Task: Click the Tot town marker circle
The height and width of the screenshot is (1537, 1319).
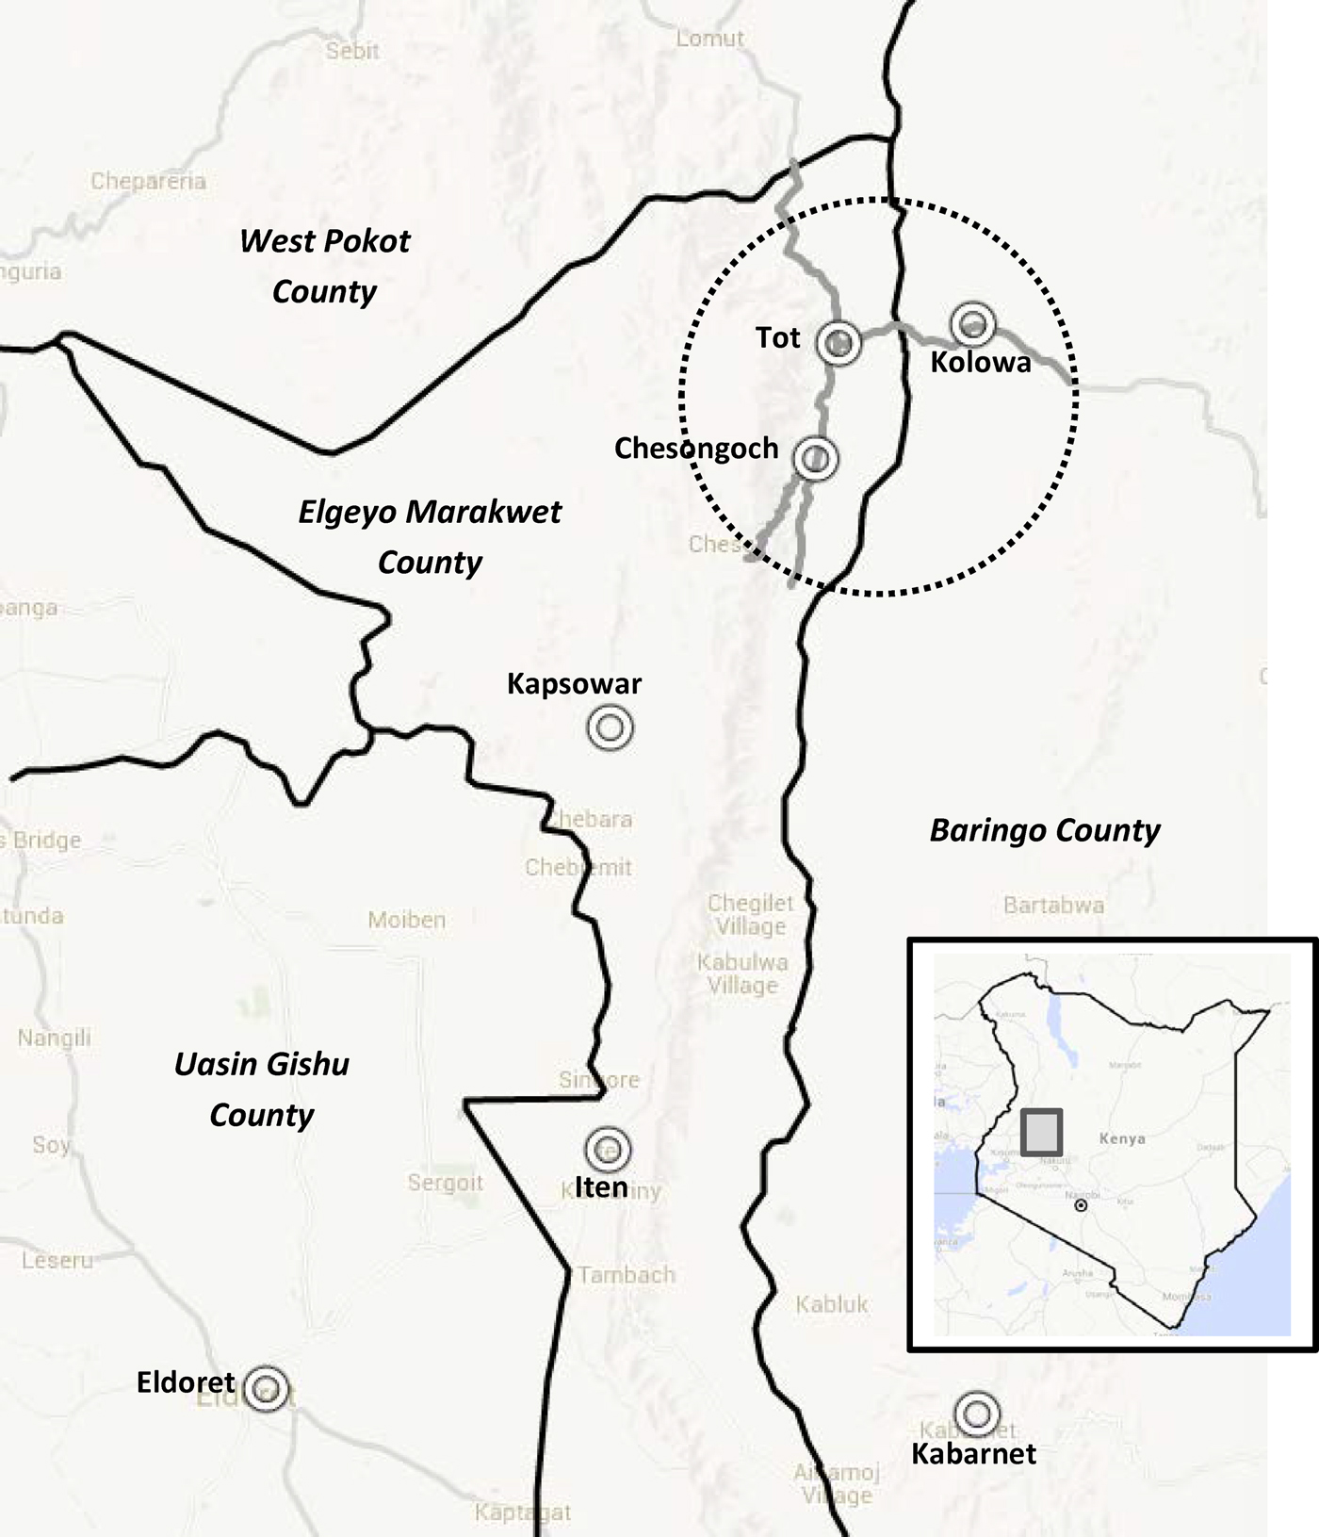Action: tap(838, 343)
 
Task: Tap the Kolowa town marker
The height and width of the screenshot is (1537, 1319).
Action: tap(973, 324)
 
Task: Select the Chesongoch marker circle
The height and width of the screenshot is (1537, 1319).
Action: tap(816, 459)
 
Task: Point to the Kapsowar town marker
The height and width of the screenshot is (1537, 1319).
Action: tap(610, 728)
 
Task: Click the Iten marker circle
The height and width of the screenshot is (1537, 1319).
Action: tap(608, 1149)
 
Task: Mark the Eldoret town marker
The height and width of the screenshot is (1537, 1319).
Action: tap(267, 1388)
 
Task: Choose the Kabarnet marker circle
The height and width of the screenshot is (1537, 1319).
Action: tap(977, 1413)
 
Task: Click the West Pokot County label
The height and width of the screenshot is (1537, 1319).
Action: tap(325, 266)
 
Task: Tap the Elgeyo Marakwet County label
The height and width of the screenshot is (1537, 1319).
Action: tap(430, 537)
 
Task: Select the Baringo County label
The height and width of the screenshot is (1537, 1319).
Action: tap(1045, 830)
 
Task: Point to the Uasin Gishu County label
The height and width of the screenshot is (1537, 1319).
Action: tap(262, 1089)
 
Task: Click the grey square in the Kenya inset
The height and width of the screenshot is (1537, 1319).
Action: tap(1042, 1132)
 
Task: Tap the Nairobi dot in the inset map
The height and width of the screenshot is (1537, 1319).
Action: tap(1081, 1205)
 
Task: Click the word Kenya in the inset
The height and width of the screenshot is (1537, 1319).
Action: tap(1122, 1138)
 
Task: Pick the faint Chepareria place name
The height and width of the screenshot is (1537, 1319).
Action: tap(148, 181)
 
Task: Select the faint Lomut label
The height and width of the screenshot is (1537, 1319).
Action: tap(710, 39)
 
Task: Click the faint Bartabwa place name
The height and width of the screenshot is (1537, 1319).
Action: tap(1053, 906)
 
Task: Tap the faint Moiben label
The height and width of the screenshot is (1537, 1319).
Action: tap(407, 920)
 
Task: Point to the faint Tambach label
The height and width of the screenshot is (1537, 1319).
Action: tap(627, 1275)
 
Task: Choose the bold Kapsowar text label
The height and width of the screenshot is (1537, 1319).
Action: tap(574, 683)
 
